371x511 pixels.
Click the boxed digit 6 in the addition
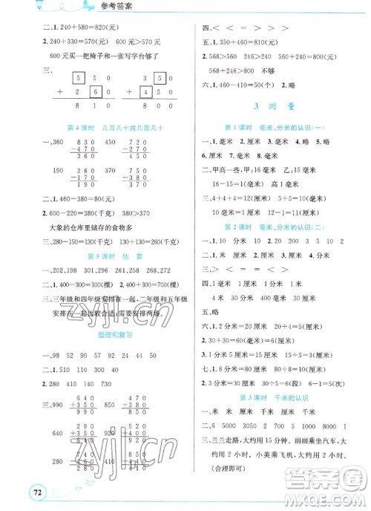(x=95, y=91)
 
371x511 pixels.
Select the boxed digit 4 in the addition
(x=147, y=91)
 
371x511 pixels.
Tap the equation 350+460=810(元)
(x=254, y=47)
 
